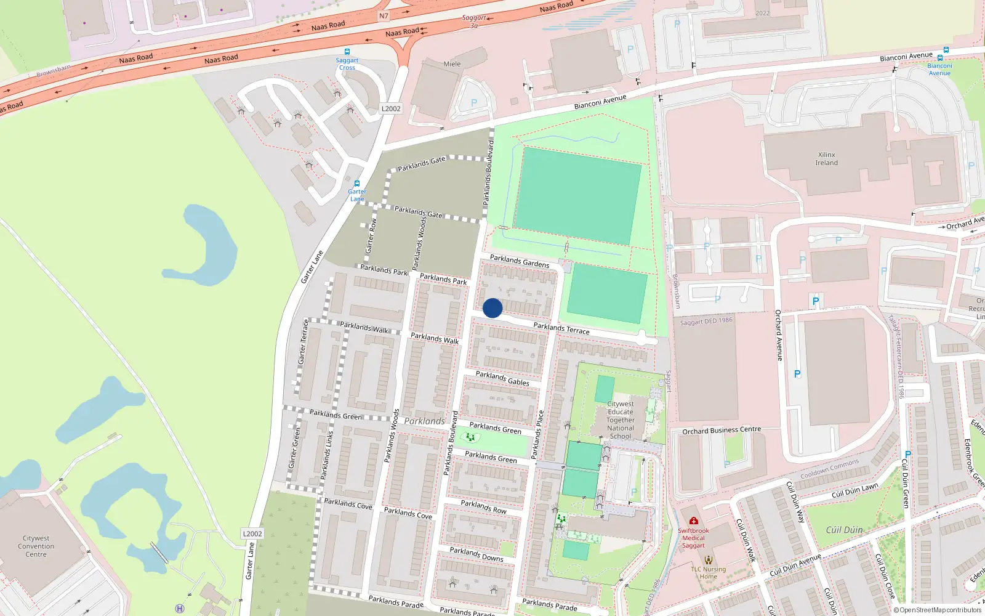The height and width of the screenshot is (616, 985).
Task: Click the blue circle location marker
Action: pos(492,308)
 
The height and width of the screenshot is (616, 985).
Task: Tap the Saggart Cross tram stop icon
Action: pos(347,52)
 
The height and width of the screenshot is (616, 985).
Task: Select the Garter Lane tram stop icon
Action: pos(357,184)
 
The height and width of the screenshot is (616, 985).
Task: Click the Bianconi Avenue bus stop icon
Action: pos(946,50)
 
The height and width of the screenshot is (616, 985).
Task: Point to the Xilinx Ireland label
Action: pos(826,159)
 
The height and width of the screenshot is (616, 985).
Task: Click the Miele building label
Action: pos(452,64)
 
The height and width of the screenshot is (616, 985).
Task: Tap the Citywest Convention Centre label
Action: pos(36,546)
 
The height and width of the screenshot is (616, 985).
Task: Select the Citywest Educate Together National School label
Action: pos(621,420)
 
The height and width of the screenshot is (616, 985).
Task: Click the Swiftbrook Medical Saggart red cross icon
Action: pos(694,521)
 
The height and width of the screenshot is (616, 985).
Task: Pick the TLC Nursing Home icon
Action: pos(709,560)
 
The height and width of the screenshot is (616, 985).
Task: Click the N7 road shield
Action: pos(384,16)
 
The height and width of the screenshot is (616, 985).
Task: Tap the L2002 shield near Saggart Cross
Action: pos(391,108)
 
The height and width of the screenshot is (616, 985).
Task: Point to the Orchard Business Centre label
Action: pos(722,430)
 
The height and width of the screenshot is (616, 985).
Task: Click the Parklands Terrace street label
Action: pos(561,328)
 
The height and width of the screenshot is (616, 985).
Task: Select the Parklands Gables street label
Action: pos(502,378)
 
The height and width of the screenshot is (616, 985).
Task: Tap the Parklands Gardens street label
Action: pos(520,261)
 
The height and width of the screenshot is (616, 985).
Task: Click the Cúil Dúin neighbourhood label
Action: pos(844,530)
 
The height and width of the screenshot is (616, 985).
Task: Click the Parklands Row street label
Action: pos(484,507)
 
